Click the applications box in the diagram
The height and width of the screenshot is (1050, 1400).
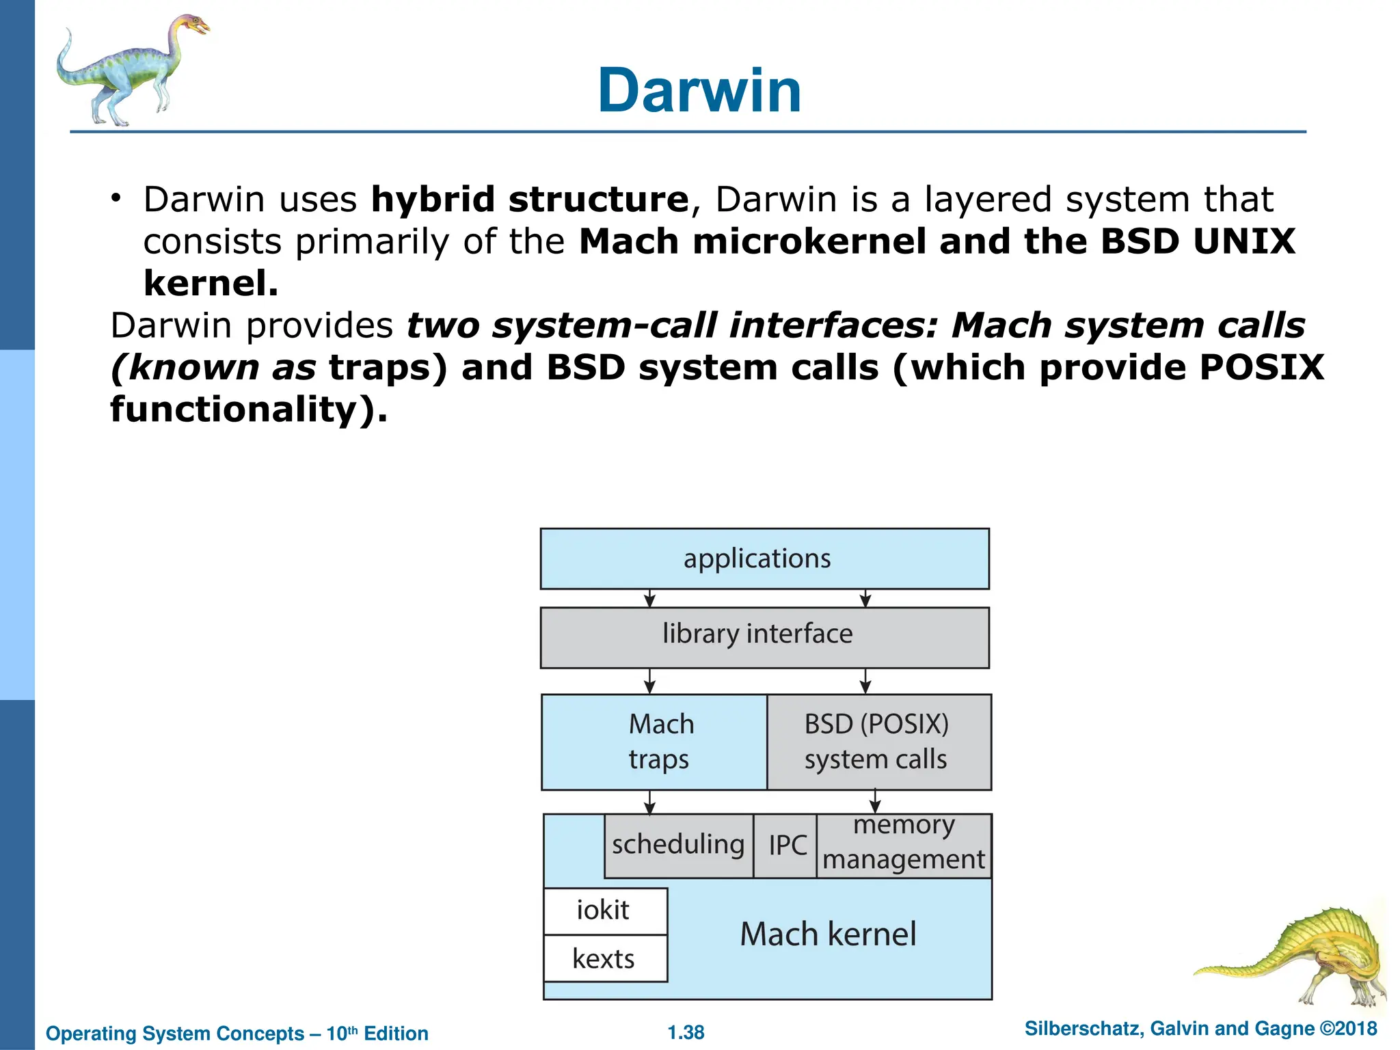[x=764, y=558]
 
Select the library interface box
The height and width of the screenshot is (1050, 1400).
[x=764, y=636]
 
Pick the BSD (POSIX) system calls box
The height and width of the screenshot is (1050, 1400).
[x=878, y=742]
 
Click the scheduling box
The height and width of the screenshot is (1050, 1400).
[x=678, y=846]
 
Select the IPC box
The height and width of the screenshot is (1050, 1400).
[x=786, y=846]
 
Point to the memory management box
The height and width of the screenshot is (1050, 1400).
[x=904, y=846]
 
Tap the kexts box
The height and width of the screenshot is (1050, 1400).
[x=604, y=959]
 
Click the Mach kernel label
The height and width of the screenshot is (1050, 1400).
[x=828, y=934]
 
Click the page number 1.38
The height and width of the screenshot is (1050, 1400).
[x=686, y=1032]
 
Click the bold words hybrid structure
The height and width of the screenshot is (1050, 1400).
[x=530, y=200]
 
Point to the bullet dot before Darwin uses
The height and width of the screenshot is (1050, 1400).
[x=117, y=199]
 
